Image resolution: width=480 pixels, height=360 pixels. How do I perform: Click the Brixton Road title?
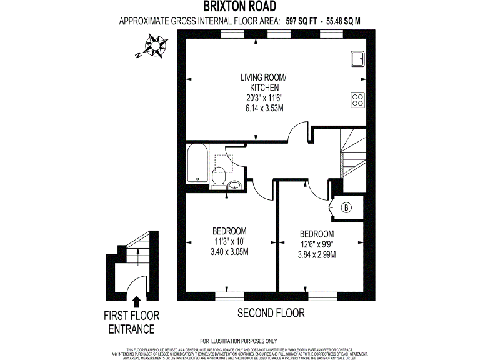(239, 7)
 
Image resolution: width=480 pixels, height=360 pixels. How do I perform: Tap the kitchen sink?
(359, 59)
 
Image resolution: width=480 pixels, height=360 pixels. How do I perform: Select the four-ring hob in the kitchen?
(358, 99)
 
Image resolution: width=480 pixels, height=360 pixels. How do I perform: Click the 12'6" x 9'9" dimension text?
(316, 244)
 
